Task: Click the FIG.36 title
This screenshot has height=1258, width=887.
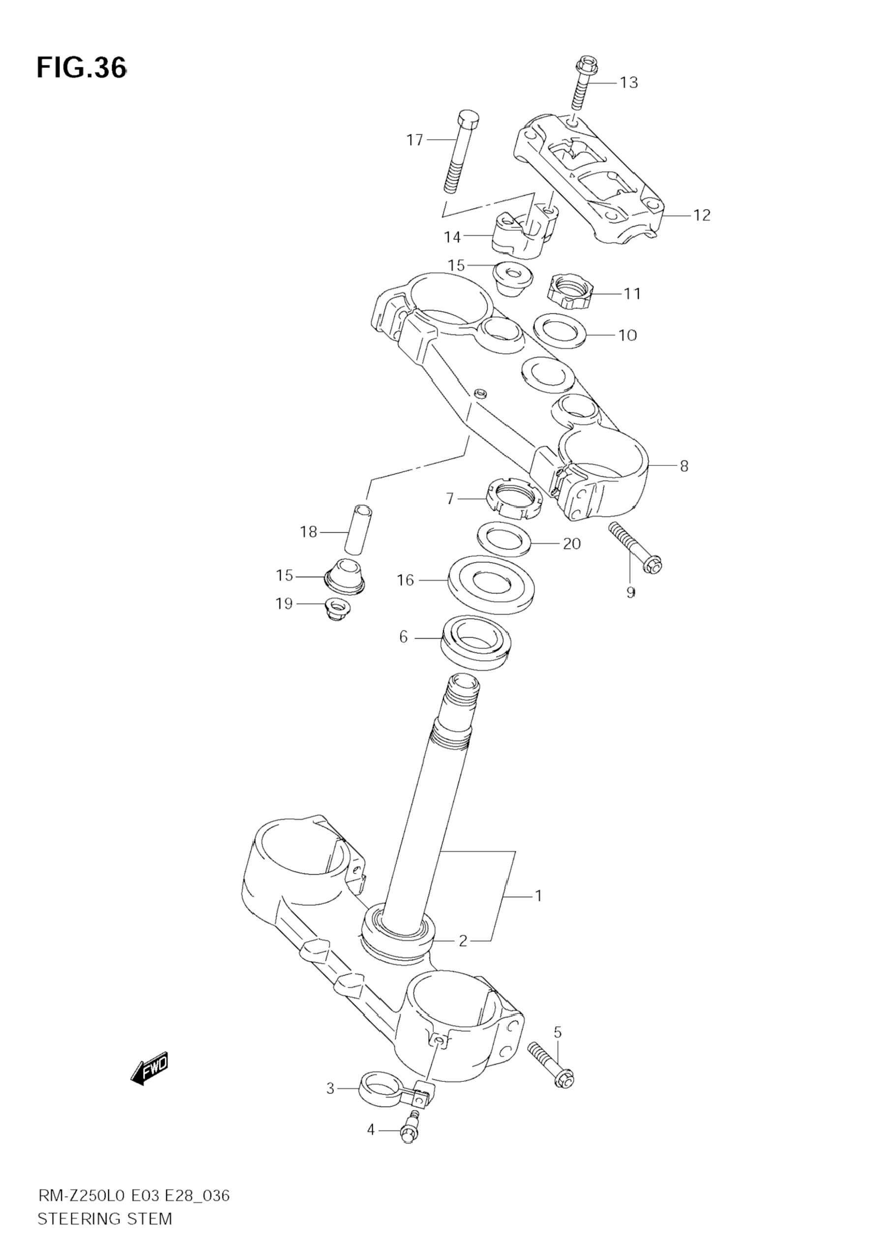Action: (x=82, y=68)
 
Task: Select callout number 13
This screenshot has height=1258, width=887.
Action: (x=628, y=82)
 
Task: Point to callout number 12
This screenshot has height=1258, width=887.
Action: (x=701, y=215)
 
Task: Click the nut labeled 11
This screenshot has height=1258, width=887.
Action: (x=569, y=292)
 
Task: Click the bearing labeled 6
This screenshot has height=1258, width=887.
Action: (x=476, y=642)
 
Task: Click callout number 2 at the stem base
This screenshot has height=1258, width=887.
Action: (x=463, y=941)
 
